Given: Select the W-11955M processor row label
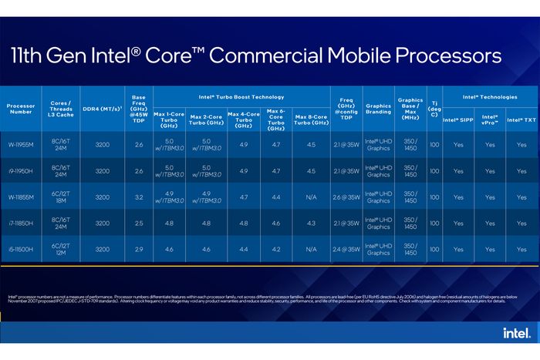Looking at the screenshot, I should point(21,144).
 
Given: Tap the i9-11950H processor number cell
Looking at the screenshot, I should point(21,171).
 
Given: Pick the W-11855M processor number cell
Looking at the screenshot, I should point(21,197).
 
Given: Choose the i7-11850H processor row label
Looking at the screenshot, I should point(21,223).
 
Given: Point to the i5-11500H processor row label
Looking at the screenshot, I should point(21,249).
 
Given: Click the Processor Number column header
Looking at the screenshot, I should point(21,109).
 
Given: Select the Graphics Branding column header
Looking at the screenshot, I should point(378,109).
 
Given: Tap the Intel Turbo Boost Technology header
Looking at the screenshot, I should point(241,97).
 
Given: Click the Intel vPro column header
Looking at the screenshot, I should point(490,119).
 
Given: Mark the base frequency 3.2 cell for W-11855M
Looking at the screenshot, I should point(139,197).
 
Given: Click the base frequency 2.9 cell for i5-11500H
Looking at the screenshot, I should point(139,249).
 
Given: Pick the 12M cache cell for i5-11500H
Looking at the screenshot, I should point(60,254).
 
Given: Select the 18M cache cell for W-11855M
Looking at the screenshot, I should point(60,202).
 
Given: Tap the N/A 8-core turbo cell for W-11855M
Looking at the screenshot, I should point(311,197).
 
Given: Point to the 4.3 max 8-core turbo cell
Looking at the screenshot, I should point(311,223).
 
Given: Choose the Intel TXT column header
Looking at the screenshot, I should point(521,119).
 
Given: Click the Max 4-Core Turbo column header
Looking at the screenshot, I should point(244,119).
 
